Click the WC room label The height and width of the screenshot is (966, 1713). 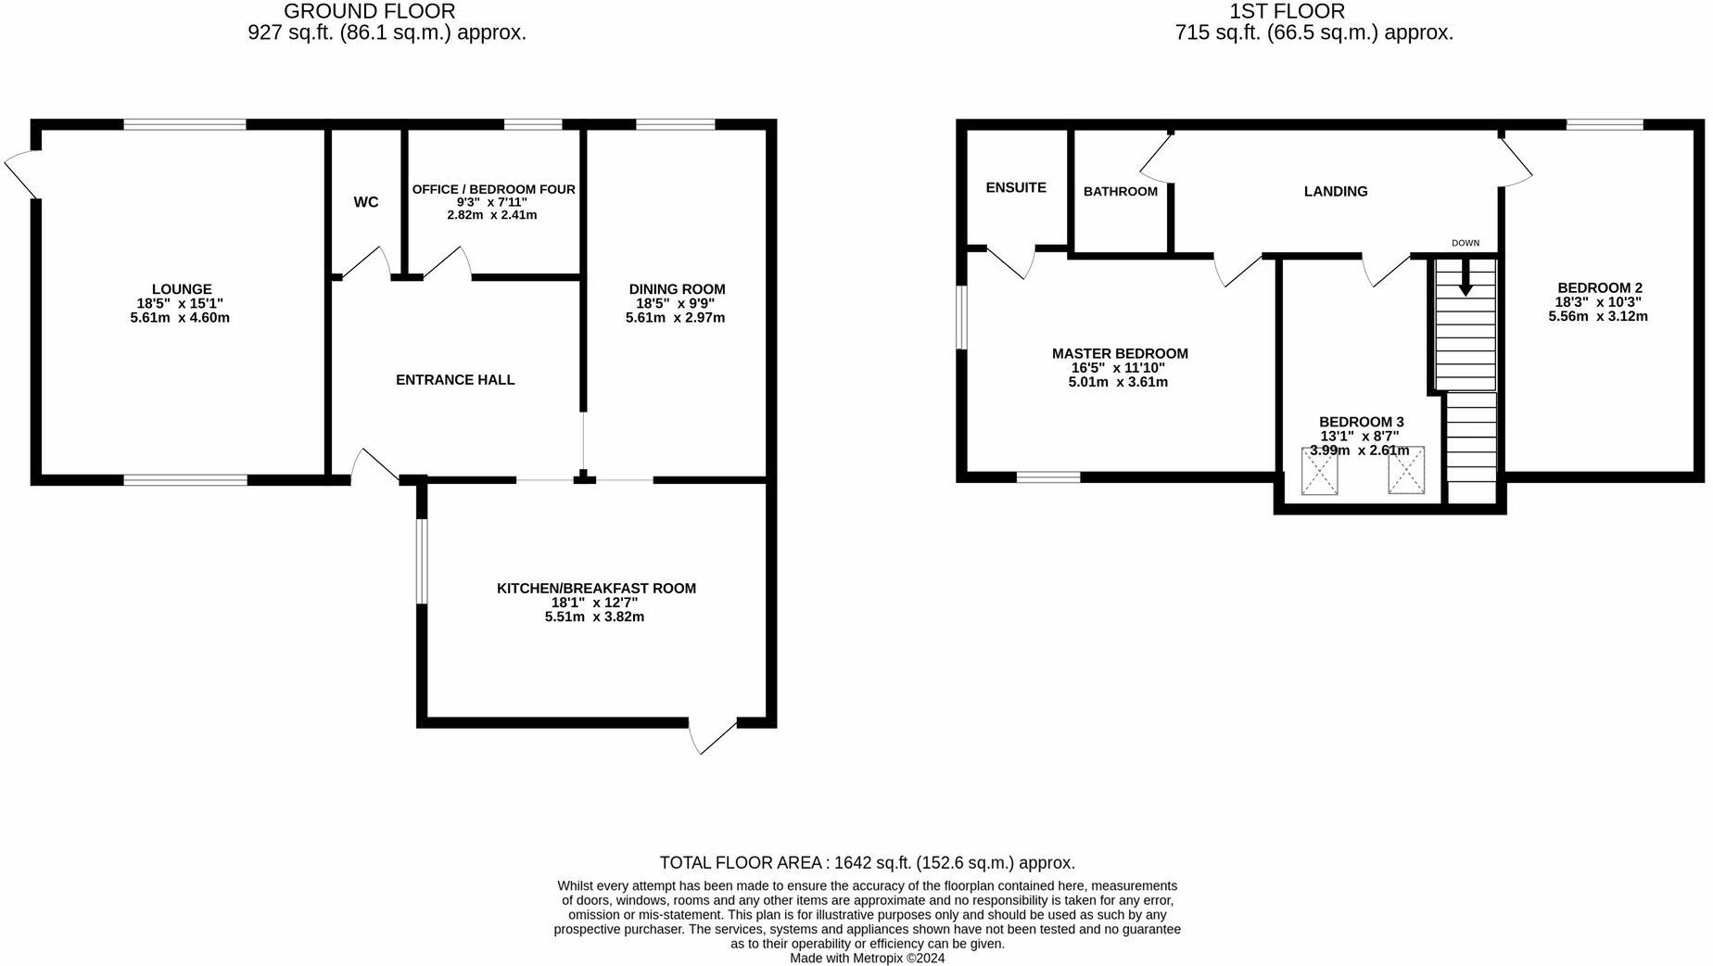pos(366,202)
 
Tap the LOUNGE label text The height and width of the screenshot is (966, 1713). pos(182,289)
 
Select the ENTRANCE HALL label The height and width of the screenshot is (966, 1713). pos(455,380)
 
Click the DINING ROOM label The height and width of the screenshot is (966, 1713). pos(677,289)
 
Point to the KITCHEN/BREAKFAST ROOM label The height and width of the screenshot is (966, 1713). pos(596,589)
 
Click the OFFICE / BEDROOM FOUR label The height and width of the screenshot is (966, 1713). pos(493,189)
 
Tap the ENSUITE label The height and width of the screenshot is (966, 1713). pos(1016,187)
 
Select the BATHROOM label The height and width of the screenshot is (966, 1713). pos(1120,192)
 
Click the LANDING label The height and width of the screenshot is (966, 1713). pos(1335,192)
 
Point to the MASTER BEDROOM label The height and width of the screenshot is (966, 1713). pos(1119,353)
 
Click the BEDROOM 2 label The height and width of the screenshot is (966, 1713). pos(1599,287)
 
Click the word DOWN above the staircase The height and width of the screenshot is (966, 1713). pos(1466,244)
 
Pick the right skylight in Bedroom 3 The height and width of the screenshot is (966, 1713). pos(1405,470)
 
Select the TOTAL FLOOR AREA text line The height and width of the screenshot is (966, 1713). pos(867,863)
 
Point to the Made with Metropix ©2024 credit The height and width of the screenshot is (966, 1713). pos(867,959)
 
